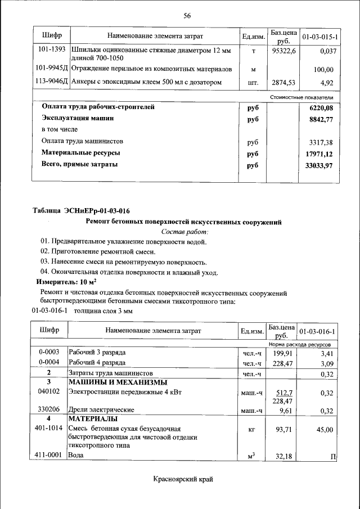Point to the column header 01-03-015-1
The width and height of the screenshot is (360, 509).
[x=319, y=37]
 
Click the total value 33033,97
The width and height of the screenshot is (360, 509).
[x=319, y=165]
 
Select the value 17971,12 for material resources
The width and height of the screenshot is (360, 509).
[x=319, y=154]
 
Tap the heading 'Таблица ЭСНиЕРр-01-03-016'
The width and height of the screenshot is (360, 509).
[x=81, y=211]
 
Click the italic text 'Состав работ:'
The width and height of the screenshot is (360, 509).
[x=184, y=232]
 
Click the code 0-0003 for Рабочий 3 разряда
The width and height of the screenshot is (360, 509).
[x=49, y=352]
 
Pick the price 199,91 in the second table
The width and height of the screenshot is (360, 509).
[x=283, y=353]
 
